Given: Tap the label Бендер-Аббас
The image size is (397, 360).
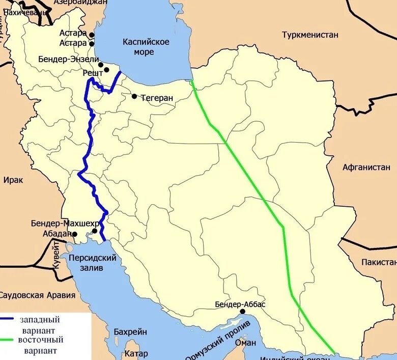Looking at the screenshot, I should (x=240, y=304).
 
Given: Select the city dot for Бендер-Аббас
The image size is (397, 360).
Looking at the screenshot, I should (x=243, y=312).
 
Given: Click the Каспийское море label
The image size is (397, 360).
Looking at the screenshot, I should (x=146, y=47).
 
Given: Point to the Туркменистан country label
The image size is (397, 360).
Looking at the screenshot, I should (x=310, y=35).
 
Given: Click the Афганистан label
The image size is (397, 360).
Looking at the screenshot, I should (x=366, y=167).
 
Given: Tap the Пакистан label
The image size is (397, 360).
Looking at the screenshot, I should (x=379, y=262).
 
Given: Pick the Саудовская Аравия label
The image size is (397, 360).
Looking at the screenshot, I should (x=38, y=295).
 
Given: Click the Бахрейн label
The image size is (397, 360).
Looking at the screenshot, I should (x=130, y=331).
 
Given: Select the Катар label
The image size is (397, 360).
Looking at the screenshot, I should (x=135, y=353).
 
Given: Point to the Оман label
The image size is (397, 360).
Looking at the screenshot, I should (x=245, y=343).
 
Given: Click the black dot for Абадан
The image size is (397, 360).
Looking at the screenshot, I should (x=75, y=234).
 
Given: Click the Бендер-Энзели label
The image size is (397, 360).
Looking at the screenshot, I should (x=69, y=59).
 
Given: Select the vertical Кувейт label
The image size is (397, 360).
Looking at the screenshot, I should (x=57, y=257).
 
